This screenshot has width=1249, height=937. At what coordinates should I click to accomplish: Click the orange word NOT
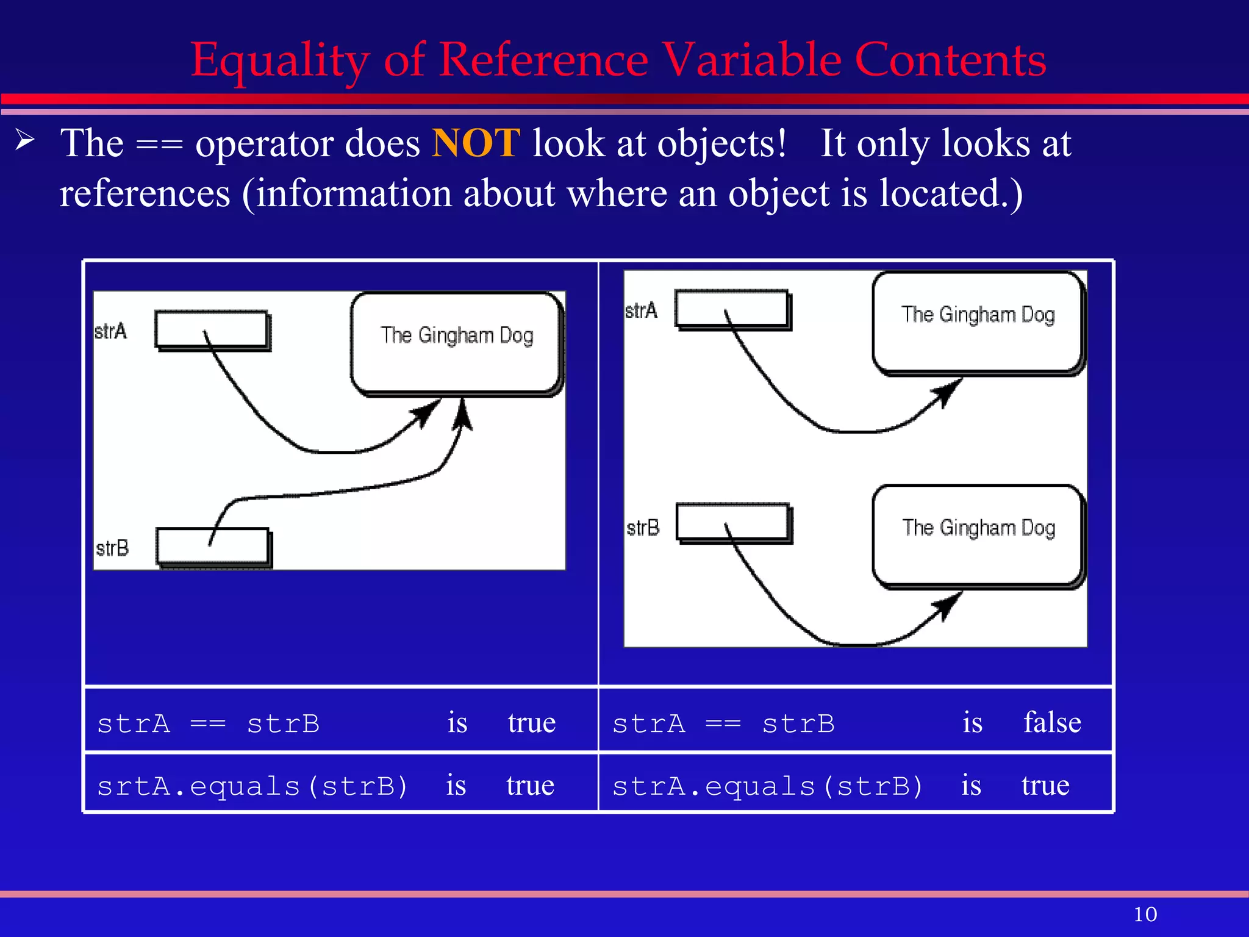click(x=476, y=144)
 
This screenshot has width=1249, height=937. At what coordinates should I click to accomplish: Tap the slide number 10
click(x=1145, y=914)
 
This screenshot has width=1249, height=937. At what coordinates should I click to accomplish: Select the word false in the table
click(x=1052, y=723)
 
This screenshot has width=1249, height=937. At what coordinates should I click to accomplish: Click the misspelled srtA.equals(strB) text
click(x=252, y=786)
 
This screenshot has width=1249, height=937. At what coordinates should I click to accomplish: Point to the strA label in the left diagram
click(x=111, y=331)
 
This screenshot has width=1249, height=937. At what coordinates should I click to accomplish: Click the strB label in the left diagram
click(x=112, y=548)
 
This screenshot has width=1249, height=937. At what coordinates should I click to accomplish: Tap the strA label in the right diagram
click(x=642, y=311)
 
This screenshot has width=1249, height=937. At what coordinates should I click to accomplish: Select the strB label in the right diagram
click(x=643, y=527)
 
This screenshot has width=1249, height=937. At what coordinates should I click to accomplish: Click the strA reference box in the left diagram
click(x=212, y=330)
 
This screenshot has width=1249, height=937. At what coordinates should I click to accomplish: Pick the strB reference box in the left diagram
click(x=213, y=546)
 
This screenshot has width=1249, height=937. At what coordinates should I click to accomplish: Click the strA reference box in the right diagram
click(x=732, y=309)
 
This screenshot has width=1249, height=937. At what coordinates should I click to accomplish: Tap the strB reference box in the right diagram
click(x=733, y=522)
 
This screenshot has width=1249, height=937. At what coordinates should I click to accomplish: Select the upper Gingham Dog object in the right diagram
click(x=978, y=321)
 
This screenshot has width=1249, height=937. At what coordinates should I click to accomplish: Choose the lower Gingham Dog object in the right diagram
click(x=978, y=535)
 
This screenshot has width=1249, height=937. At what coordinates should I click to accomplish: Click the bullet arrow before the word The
click(x=25, y=140)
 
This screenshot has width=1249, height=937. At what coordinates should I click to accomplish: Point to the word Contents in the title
click(x=950, y=61)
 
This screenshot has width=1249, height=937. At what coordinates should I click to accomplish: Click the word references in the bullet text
click(x=145, y=194)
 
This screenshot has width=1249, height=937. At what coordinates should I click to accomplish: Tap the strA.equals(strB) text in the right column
click(x=767, y=786)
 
